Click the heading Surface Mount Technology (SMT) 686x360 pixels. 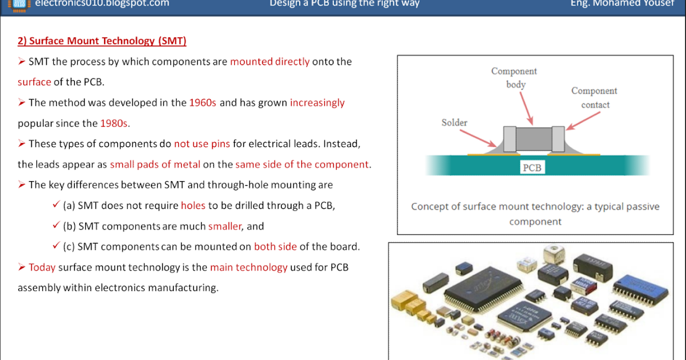click(x=102, y=41)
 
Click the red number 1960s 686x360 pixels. click(x=203, y=103)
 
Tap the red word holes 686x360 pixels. click(x=193, y=206)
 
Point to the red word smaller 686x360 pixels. click(x=225, y=226)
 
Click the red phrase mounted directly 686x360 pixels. click(x=270, y=62)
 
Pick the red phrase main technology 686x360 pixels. click(x=249, y=267)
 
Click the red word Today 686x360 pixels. click(x=42, y=267)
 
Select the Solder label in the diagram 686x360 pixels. click(x=454, y=123)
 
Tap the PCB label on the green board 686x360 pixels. click(x=532, y=168)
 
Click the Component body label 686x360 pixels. click(x=514, y=78)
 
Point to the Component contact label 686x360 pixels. click(x=595, y=98)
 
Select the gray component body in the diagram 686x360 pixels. click(x=534, y=139)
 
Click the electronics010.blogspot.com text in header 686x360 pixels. click(x=102, y=3)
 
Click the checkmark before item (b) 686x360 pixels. click(x=56, y=226)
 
